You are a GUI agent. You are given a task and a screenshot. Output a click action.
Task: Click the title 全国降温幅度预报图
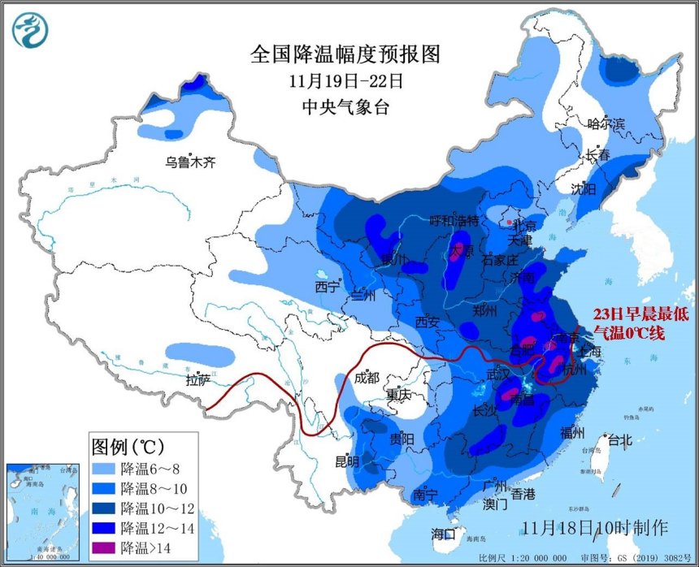(345, 54)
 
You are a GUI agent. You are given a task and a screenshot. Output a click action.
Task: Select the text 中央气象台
(345, 106)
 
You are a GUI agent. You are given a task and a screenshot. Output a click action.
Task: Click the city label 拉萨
(198, 379)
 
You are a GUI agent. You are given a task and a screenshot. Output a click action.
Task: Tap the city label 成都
(367, 377)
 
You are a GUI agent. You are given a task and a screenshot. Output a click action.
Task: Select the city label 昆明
(347, 461)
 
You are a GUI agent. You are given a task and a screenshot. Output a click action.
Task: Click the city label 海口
(444, 534)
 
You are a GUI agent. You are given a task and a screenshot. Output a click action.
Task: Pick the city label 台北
(619, 441)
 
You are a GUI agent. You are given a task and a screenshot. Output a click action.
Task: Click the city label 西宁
(327, 287)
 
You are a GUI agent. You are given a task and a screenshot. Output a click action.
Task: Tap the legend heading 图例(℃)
(128, 446)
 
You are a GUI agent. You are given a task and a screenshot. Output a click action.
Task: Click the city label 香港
(523, 494)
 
